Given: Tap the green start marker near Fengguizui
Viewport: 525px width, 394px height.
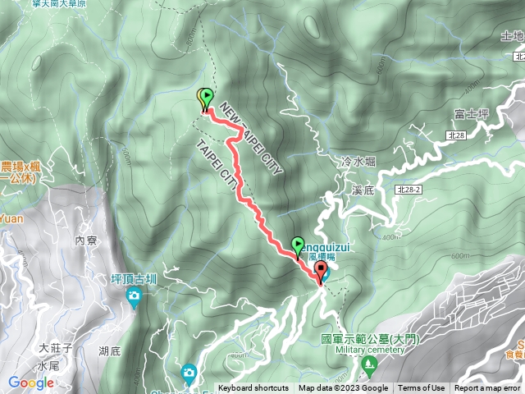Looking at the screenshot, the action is (297, 245).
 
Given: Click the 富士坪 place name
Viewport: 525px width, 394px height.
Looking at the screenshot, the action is (470, 113).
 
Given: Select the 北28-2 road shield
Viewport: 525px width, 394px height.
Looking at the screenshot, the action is (408, 190).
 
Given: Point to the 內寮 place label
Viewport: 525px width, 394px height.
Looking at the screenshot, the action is (86, 241).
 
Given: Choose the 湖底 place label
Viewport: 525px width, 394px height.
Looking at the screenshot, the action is (109, 350).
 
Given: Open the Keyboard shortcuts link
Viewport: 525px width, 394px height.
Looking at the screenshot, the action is (253, 388).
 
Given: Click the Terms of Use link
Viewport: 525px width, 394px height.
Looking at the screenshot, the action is (422, 388).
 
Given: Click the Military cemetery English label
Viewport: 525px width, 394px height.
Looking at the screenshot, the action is (371, 349).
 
